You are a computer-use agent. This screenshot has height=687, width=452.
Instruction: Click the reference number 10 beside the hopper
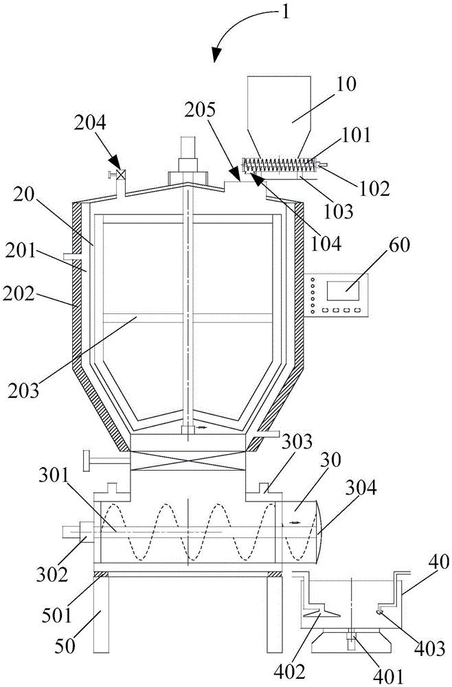(347, 84)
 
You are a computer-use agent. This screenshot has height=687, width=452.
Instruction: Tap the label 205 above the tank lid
(200, 111)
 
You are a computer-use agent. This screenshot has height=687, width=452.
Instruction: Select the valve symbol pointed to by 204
(122, 174)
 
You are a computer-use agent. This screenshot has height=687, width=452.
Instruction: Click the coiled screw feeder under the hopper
(279, 166)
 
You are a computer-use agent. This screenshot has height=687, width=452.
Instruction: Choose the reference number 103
(337, 211)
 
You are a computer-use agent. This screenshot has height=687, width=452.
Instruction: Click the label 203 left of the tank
(23, 390)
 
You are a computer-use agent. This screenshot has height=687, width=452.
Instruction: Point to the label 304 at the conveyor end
(361, 487)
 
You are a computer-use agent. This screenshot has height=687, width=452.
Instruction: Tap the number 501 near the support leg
(58, 616)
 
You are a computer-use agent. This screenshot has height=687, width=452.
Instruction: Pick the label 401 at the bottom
(388, 678)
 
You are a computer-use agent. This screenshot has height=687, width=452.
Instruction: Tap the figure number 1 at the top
(286, 12)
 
